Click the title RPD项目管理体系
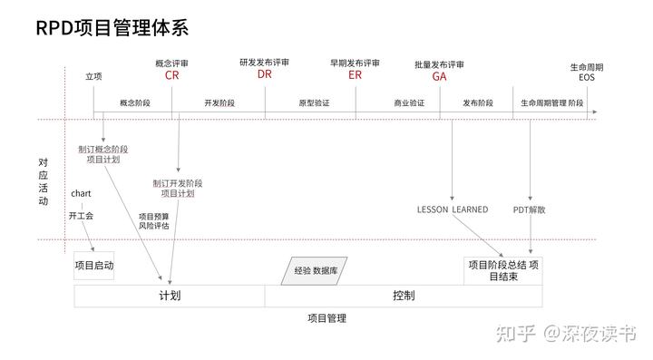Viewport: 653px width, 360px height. [x=112, y=28]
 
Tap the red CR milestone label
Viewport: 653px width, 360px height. [x=171, y=75]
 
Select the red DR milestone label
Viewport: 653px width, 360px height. [x=264, y=75]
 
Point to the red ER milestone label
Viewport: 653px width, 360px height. [x=355, y=75]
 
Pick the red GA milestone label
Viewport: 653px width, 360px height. [x=439, y=76]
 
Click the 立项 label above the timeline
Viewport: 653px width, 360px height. [x=93, y=77]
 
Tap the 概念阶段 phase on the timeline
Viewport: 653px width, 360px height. [x=134, y=103]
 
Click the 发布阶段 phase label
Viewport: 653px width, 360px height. [x=477, y=103]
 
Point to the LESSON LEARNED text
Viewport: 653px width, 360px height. [x=452, y=209]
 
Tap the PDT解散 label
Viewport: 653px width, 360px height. [x=529, y=209]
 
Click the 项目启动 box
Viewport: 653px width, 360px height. [x=94, y=266]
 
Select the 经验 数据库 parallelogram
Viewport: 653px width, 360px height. [x=314, y=270]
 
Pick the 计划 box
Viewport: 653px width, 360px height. [x=170, y=297]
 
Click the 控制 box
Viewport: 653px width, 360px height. [x=404, y=297]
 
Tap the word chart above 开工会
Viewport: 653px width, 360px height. [x=81, y=194]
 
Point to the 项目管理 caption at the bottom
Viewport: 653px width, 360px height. [x=326, y=318]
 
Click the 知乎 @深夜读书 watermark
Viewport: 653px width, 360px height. [x=562, y=333]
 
